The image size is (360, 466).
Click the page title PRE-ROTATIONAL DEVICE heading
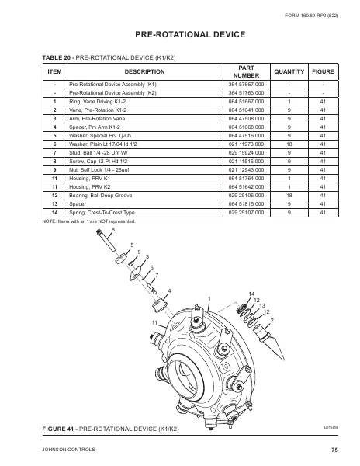coord(180,35)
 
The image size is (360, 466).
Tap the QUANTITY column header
coord(289,71)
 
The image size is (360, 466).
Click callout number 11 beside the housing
coord(154,322)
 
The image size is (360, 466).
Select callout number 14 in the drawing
coord(251,293)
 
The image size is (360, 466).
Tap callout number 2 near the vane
coord(272,320)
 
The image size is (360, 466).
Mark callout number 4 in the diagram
coord(169,290)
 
